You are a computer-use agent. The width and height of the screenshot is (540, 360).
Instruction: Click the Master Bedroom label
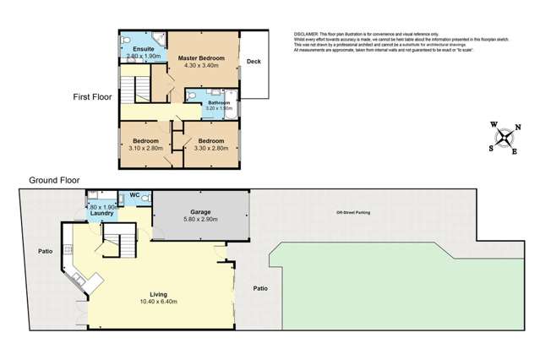199,57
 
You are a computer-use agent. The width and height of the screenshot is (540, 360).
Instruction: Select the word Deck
254,62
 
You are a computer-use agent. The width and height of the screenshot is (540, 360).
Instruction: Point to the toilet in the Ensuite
125,39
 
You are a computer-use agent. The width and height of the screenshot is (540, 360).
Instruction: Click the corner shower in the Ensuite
156,39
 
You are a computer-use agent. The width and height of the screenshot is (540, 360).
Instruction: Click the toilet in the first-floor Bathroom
194,97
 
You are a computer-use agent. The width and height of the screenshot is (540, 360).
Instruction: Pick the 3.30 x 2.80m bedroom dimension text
205,148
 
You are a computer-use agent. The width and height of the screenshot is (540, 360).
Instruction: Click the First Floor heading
92,98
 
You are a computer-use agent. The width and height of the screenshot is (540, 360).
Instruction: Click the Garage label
199,212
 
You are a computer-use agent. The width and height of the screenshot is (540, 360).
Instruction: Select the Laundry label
102,214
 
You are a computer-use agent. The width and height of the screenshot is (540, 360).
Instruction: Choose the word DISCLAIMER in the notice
308,34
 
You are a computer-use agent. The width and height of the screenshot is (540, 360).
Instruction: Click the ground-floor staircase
118,246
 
